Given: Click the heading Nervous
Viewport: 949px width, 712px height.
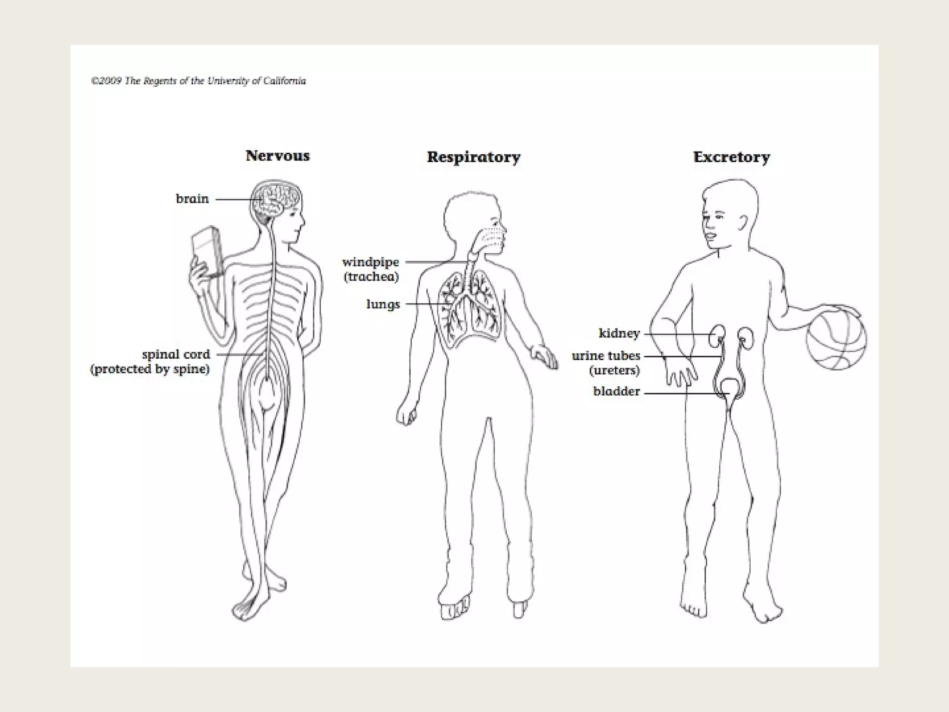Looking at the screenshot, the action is coord(277,156).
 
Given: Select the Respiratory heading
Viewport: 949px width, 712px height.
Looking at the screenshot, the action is coord(473,157).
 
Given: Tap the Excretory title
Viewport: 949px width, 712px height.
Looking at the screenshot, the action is coord(731,157).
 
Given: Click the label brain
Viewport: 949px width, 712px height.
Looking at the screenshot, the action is coord(192,199).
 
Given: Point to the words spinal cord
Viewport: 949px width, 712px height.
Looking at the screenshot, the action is coord(176,355).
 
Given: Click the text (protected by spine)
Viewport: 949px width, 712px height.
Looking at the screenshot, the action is coord(150,369).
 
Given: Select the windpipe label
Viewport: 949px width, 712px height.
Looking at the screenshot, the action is coord(370,262).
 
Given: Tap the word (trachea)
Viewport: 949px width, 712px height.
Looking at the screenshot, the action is coord(371,277).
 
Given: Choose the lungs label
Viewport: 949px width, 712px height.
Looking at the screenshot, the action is coord(383,305).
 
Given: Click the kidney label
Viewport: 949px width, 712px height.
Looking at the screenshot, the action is coord(619,333).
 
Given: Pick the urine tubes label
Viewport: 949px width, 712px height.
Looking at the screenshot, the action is coord(606,356).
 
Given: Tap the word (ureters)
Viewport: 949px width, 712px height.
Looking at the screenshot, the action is coord(614,370).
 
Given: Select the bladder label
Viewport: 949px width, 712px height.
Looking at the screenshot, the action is coord(616,392).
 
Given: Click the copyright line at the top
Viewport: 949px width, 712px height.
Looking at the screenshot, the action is coord(198,81).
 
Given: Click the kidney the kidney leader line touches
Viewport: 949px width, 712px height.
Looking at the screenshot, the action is coord(717,334).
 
